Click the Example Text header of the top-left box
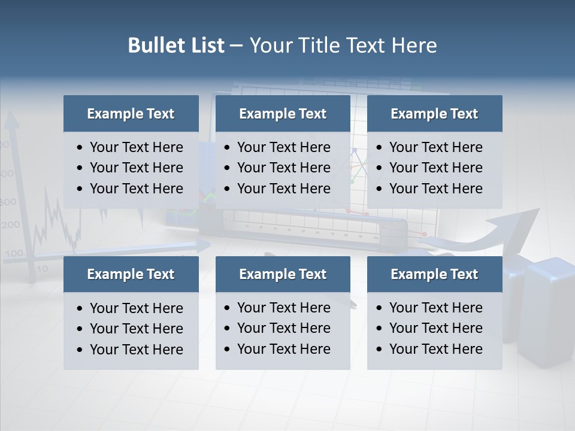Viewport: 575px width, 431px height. pos(131,114)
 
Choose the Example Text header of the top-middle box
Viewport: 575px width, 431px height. pos(283,114)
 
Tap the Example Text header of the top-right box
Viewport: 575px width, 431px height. pos(434,114)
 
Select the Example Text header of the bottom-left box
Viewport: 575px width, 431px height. pos(131,274)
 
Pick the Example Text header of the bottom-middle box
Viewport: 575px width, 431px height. pos(283,274)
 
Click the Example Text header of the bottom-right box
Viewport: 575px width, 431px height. pos(434,274)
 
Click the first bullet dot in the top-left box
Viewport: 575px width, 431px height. pos(80,148)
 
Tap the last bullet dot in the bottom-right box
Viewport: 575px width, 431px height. pos(380,350)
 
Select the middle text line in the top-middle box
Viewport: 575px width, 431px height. pos(283,168)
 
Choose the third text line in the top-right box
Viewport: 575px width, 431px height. pos(435,189)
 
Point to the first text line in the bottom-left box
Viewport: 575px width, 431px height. pos(136,308)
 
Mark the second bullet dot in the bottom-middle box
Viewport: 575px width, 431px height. pos(227,329)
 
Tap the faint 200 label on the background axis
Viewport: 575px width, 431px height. pos(11,225)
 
